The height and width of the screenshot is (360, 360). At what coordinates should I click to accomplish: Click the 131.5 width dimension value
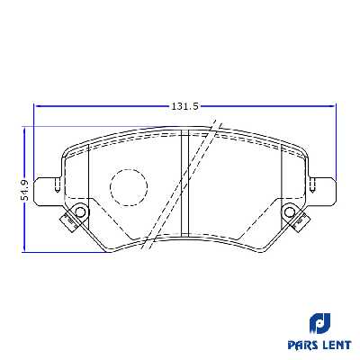point(184,106)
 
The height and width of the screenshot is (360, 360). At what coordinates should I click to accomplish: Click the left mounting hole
point(79,212)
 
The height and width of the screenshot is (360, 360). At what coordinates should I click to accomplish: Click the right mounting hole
point(291,212)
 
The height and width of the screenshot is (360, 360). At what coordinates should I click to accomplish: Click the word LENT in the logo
point(335,343)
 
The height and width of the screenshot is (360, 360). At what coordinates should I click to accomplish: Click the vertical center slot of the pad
point(184,184)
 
